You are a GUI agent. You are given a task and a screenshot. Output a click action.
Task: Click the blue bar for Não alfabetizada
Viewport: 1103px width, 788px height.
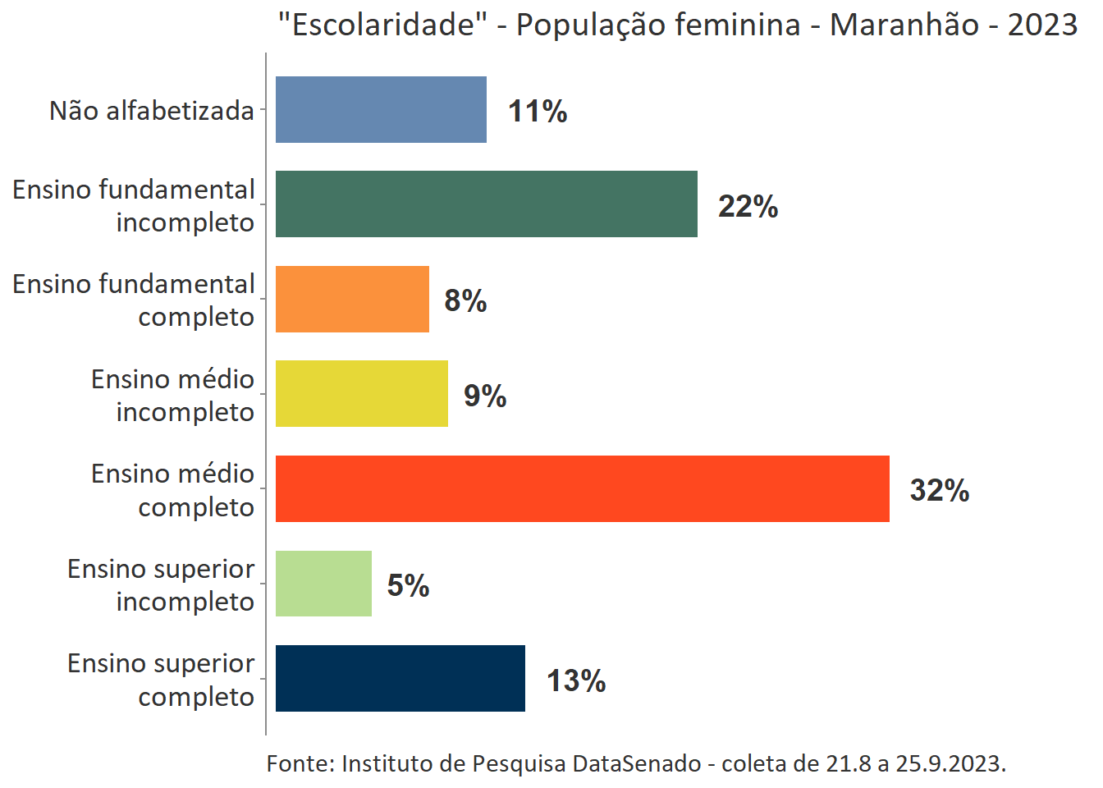click(381, 110)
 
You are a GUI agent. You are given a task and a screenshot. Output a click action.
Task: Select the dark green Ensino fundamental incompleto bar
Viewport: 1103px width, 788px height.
click(486, 204)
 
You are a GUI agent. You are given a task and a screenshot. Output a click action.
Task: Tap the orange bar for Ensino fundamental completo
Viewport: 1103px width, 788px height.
click(352, 300)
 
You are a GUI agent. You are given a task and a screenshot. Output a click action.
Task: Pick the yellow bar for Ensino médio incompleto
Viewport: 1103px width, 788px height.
click(361, 394)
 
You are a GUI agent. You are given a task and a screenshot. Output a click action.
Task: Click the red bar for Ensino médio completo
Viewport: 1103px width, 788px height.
click(582, 489)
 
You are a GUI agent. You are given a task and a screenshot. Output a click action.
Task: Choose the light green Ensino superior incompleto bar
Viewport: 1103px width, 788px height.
click(323, 584)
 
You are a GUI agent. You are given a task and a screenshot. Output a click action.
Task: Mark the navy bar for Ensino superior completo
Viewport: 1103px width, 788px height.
click(400, 679)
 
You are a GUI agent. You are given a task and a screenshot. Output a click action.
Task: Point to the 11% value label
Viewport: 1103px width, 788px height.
click(538, 112)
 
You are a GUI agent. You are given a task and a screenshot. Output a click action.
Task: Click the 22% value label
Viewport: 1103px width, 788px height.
click(748, 206)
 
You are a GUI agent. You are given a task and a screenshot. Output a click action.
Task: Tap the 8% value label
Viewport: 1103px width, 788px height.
click(465, 301)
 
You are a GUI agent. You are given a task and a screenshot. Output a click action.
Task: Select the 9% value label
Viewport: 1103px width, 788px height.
click(485, 396)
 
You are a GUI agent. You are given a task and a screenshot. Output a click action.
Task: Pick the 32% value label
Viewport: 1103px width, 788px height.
click(940, 491)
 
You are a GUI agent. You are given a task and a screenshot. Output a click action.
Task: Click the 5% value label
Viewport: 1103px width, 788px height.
click(408, 586)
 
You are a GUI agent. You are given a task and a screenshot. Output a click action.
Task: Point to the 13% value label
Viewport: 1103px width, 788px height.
click(576, 681)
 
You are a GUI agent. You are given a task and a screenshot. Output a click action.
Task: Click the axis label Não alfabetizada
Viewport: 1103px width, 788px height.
click(152, 111)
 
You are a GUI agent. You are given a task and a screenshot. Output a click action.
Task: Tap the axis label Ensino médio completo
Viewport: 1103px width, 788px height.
click(173, 490)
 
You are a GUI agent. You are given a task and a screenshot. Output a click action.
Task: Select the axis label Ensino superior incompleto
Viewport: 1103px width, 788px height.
click(162, 585)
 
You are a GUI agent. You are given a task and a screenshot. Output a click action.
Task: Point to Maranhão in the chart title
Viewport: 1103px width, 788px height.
click(904, 25)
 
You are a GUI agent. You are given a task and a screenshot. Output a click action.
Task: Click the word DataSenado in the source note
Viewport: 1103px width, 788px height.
click(637, 764)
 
